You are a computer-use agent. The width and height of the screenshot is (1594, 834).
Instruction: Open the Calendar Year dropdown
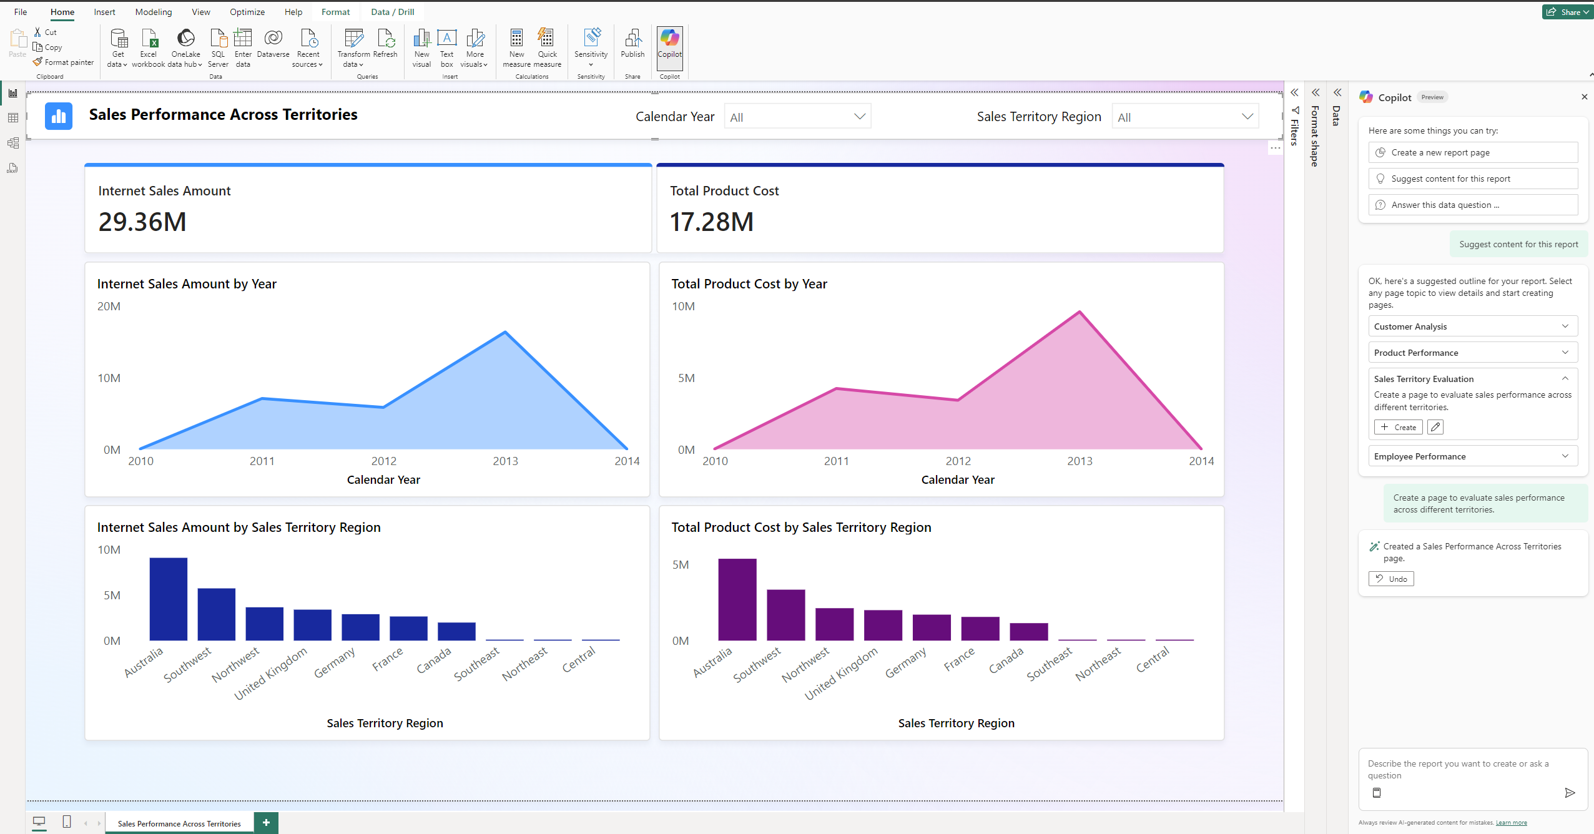click(797, 117)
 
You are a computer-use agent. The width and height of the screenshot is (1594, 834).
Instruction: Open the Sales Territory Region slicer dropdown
click(1185, 117)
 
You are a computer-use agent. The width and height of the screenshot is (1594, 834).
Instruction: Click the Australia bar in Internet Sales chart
click(168, 599)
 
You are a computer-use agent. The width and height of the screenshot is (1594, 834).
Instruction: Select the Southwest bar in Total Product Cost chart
click(785, 614)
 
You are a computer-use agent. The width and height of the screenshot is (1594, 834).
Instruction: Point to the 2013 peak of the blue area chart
click(505, 332)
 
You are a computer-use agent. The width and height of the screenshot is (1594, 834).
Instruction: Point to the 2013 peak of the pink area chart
click(1080, 312)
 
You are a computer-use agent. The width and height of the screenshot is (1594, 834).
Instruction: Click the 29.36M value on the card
click(142, 222)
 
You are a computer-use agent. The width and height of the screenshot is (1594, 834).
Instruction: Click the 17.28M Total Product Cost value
click(712, 222)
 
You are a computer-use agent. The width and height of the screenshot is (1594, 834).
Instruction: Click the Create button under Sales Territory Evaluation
click(1398, 427)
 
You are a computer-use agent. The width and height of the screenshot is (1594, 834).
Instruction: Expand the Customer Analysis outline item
click(1472, 326)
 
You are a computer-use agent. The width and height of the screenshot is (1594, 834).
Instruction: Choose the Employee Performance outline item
click(1472, 456)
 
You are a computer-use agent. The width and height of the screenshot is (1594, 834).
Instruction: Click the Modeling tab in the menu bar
click(153, 12)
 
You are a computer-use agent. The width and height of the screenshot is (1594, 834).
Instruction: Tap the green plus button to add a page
click(266, 822)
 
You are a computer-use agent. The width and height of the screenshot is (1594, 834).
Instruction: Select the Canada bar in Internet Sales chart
click(456, 630)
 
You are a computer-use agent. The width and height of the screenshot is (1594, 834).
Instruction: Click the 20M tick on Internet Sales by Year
click(109, 307)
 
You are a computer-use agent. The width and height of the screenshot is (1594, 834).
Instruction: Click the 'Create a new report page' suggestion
click(1472, 152)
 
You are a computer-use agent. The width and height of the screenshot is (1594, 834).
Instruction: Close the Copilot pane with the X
click(1584, 97)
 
